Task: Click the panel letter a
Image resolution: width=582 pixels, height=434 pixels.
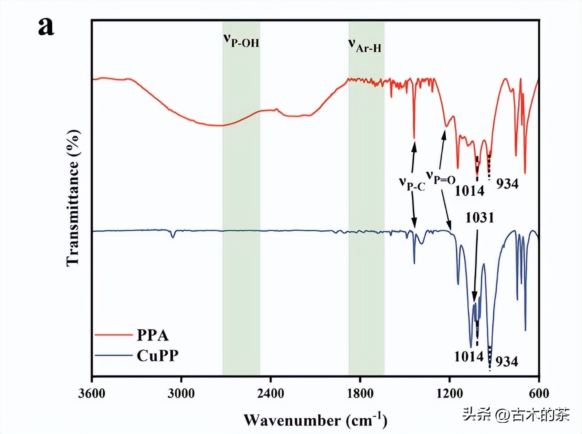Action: [x=46, y=27]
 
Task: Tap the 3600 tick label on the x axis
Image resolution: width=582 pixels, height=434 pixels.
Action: [x=92, y=393]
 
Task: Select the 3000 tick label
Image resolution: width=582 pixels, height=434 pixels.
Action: [x=181, y=393]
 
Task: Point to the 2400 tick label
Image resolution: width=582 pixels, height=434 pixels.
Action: [x=270, y=393]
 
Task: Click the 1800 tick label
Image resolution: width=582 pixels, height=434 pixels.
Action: [x=360, y=393]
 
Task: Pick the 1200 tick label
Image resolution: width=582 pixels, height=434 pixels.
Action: [x=449, y=393]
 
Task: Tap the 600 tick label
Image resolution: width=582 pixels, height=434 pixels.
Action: [x=539, y=393]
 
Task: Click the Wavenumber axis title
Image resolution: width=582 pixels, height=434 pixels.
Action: [x=315, y=420]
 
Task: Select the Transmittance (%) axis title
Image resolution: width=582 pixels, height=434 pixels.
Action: [x=73, y=198]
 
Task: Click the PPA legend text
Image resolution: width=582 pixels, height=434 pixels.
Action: [x=153, y=335]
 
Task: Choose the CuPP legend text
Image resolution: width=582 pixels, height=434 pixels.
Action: [x=157, y=356]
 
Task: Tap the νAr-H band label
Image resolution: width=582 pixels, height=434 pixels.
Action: [x=365, y=45]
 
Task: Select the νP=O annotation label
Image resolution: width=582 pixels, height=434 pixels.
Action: [x=441, y=177]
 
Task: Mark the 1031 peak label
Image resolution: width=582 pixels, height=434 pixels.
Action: [x=479, y=217]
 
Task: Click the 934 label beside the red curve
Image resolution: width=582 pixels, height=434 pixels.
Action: [x=507, y=184]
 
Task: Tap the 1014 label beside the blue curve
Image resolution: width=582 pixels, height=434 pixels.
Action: [x=469, y=356]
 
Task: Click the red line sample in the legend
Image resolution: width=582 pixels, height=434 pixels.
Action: [x=113, y=335]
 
